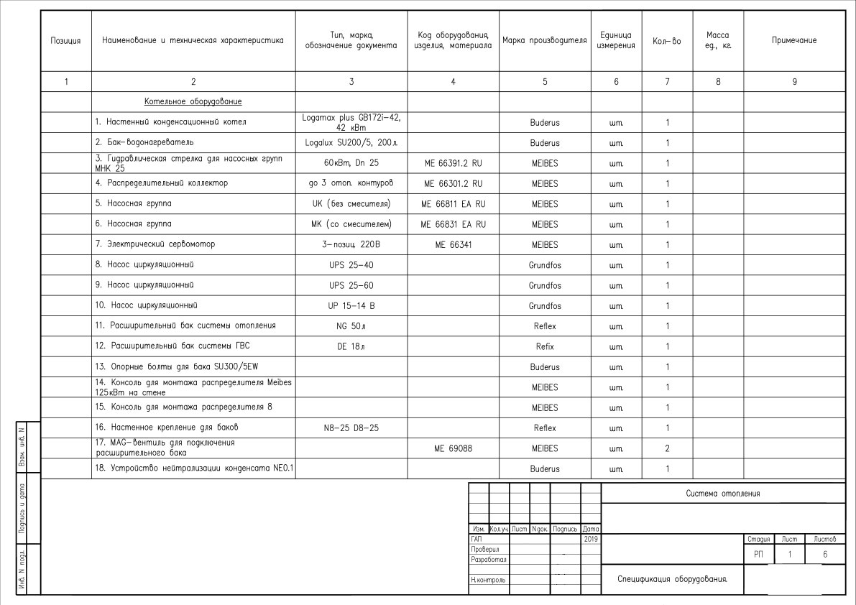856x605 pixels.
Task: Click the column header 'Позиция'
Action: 66,40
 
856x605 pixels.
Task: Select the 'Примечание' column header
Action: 793,40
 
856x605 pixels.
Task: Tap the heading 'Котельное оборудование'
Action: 193,101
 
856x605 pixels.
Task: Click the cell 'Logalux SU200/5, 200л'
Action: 351,143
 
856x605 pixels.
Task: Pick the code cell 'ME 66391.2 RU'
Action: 453,163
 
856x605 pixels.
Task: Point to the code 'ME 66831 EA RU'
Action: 453,224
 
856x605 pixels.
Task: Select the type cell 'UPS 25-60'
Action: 351,285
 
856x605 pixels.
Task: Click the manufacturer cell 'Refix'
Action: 545,346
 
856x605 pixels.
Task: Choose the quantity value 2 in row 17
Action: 667,448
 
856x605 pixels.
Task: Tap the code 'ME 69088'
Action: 453,448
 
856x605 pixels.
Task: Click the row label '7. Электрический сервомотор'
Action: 155,244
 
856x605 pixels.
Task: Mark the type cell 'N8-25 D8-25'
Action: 351,428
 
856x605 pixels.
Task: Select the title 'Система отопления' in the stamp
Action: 722,494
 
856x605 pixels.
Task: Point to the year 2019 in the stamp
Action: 591,538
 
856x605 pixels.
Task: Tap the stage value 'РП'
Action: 758,555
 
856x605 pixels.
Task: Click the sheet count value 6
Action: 824,555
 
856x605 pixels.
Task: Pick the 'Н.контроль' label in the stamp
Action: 488,579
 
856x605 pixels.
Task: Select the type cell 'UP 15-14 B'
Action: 351,306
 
